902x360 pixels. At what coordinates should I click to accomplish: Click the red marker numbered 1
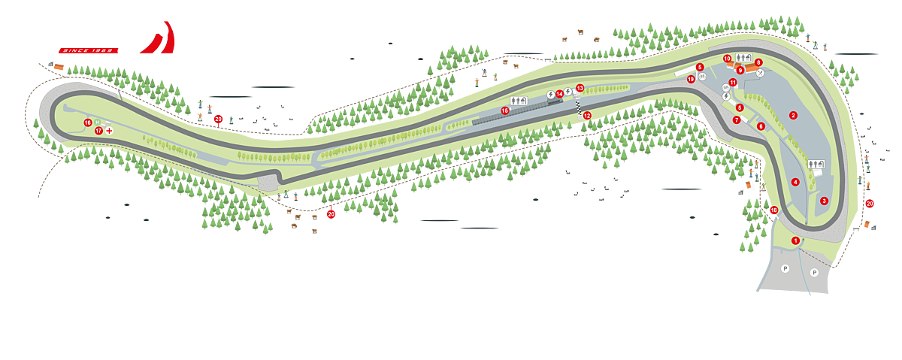(795, 240)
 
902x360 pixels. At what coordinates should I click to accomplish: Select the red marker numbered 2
(793, 115)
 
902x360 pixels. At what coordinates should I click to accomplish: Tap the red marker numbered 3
(824, 201)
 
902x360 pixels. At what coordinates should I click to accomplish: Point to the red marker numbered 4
(795, 182)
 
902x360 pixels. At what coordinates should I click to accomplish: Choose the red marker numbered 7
(737, 119)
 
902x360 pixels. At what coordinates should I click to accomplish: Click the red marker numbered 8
(758, 62)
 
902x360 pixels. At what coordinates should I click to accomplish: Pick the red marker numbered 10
(727, 58)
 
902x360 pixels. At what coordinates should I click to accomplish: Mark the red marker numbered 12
(587, 115)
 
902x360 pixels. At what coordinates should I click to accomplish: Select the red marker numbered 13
(580, 88)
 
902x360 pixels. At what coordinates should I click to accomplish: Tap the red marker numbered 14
(559, 94)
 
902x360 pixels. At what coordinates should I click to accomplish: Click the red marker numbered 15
(505, 110)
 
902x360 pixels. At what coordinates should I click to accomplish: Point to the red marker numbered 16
(88, 123)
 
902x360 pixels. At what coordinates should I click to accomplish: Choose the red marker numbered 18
(773, 210)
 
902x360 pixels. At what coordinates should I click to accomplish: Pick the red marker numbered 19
(691, 79)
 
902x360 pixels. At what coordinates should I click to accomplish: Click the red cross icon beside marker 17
(110, 130)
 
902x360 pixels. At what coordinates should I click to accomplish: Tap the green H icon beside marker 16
(98, 122)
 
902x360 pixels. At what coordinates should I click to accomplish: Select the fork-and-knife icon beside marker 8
(761, 73)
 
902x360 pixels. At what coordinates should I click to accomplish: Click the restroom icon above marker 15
(519, 100)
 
